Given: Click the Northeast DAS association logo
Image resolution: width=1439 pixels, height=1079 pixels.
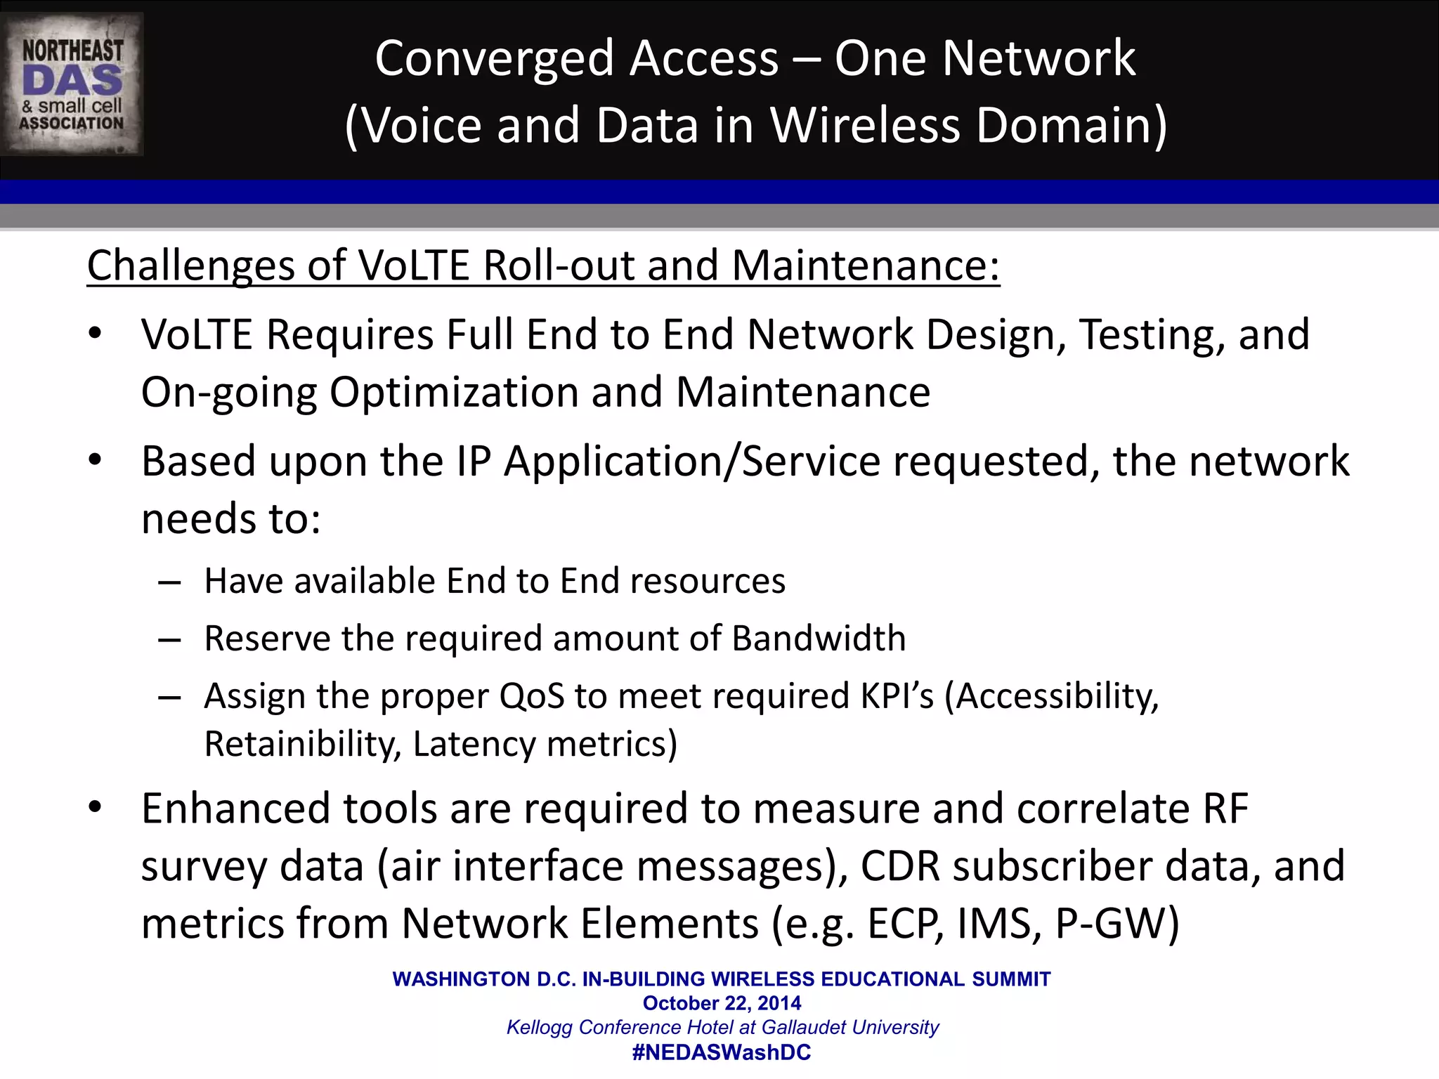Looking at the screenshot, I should point(72,84).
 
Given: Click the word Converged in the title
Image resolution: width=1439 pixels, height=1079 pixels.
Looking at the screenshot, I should point(495,58).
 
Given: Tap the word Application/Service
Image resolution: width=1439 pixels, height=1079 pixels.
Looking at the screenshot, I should point(692,462).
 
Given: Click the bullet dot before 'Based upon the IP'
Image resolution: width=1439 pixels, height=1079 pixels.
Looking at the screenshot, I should point(96,461).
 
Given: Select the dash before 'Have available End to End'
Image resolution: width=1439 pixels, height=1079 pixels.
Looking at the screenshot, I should point(170,582).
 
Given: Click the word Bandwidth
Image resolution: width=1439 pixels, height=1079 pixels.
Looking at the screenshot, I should point(819,639).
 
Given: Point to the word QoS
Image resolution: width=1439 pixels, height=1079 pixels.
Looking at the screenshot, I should point(531,696).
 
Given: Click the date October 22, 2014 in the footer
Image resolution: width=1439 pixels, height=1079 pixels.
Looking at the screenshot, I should point(722,1003).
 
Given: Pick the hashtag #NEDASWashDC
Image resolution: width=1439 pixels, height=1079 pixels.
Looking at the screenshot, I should point(722,1052).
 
